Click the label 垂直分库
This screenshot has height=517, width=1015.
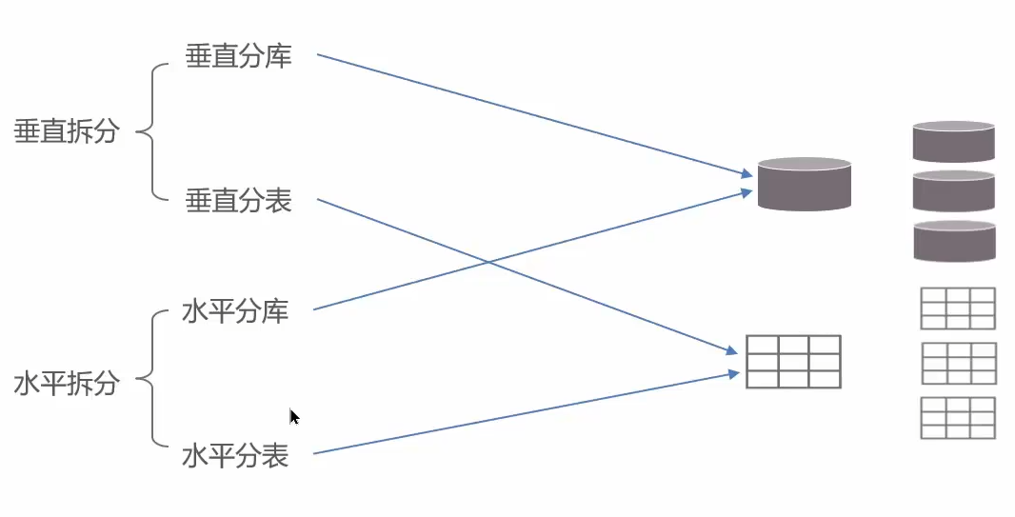(x=238, y=56)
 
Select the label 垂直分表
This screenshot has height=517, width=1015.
(x=238, y=201)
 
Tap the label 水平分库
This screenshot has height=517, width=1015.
(x=235, y=311)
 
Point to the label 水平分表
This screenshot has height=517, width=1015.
(x=235, y=456)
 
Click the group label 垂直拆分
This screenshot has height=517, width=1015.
(x=67, y=131)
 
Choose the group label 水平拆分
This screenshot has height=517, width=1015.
(x=67, y=384)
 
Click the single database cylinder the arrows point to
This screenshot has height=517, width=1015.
(x=804, y=184)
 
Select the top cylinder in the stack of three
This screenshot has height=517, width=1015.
(x=953, y=141)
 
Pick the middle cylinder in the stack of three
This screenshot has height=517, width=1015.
(x=953, y=190)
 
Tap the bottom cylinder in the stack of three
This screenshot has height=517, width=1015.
(x=953, y=241)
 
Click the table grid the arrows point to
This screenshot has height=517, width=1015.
(x=793, y=361)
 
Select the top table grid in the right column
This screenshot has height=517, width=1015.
(x=957, y=308)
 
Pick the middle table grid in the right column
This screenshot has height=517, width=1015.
(x=959, y=363)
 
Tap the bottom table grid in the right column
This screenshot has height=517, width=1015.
(x=958, y=418)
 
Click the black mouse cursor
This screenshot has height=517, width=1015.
(x=294, y=416)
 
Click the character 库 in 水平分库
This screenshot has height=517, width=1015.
(x=275, y=311)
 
